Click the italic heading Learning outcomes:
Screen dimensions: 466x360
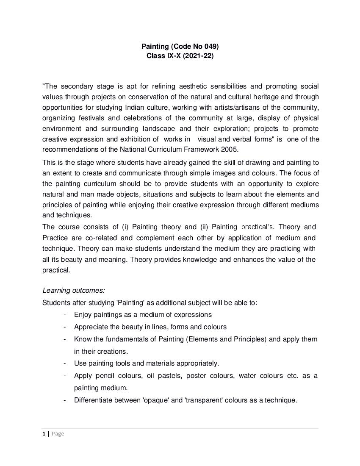pos(73,291)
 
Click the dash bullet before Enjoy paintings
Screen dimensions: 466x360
pos(64,315)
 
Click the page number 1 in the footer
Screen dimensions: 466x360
pos(44,433)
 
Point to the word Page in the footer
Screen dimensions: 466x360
pos(58,433)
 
